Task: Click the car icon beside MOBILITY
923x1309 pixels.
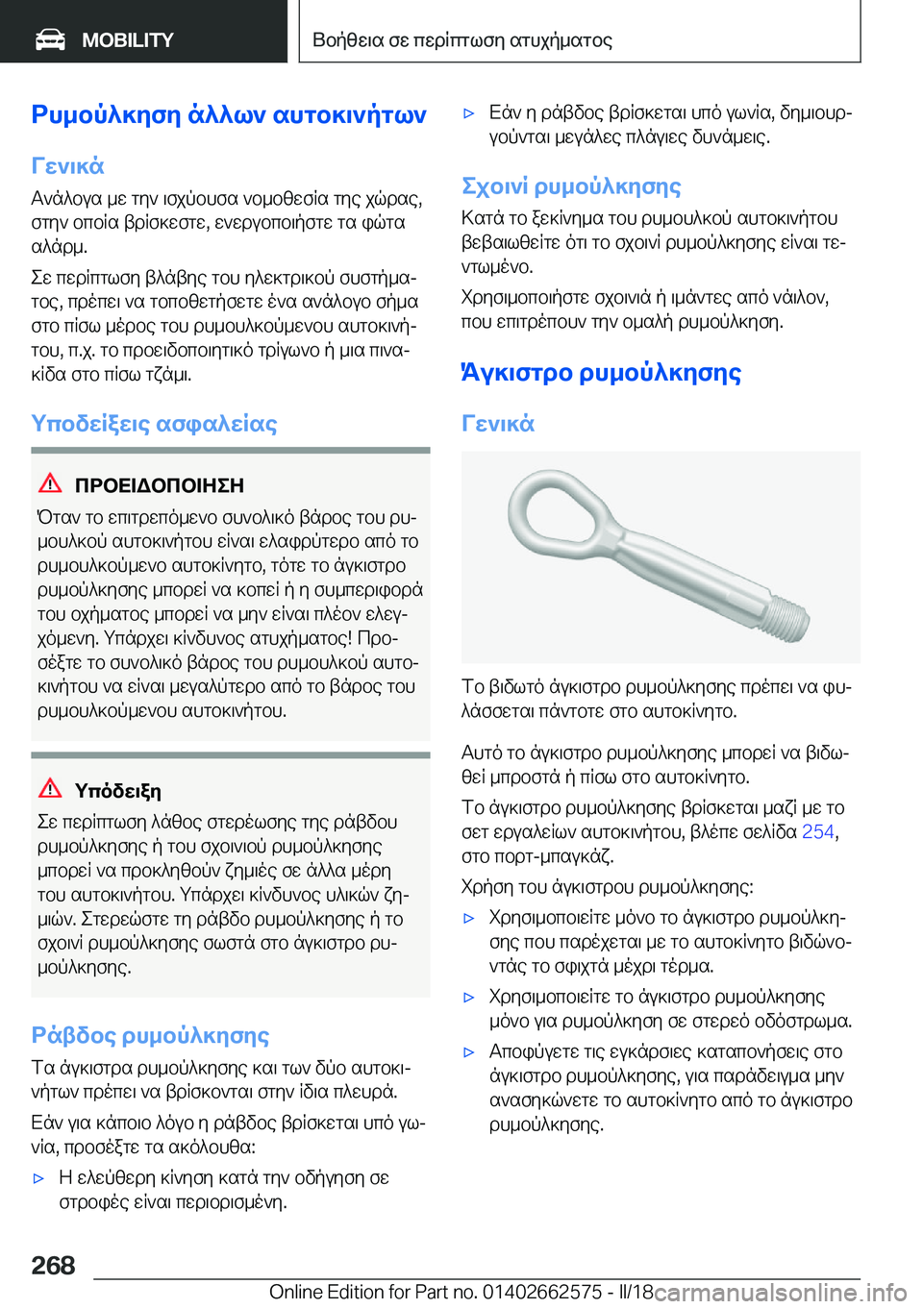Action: point(50,39)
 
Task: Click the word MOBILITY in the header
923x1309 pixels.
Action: point(128,40)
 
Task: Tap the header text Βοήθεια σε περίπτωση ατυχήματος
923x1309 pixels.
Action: point(462,40)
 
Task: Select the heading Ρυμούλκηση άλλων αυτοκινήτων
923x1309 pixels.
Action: point(229,114)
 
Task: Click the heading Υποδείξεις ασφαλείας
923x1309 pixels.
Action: point(154,424)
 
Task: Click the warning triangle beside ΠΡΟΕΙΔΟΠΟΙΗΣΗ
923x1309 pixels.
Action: point(50,483)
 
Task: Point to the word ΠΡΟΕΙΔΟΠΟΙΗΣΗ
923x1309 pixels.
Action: point(160,485)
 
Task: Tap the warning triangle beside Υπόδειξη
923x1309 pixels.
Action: point(50,789)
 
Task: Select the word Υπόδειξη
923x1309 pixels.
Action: point(118,791)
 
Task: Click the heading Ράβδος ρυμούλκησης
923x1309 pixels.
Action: point(150,1035)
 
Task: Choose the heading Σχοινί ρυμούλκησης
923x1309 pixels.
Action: point(571,186)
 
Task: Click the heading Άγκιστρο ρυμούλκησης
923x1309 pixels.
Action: point(602,372)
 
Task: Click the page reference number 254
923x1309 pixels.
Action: point(817,831)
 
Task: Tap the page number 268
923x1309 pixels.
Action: point(53,1265)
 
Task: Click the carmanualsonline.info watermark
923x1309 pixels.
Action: point(780,1293)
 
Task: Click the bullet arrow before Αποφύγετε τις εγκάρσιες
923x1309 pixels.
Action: point(469,1052)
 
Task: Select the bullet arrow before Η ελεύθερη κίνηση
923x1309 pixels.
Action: point(39,1178)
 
